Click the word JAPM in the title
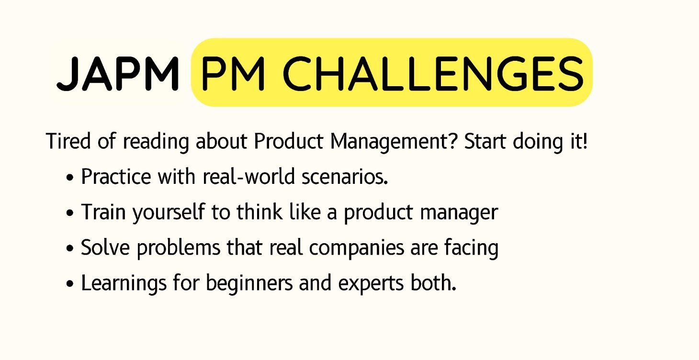[118, 74]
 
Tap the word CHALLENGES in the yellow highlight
[433, 74]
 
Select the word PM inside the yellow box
[233, 74]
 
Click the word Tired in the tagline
[68, 141]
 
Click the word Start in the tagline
[485, 141]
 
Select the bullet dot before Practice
[70, 178]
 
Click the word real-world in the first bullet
[248, 176]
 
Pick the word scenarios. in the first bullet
[345, 177]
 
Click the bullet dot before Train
[70, 213]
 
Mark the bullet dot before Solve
[70, 248]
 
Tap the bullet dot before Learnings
[70, 284]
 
